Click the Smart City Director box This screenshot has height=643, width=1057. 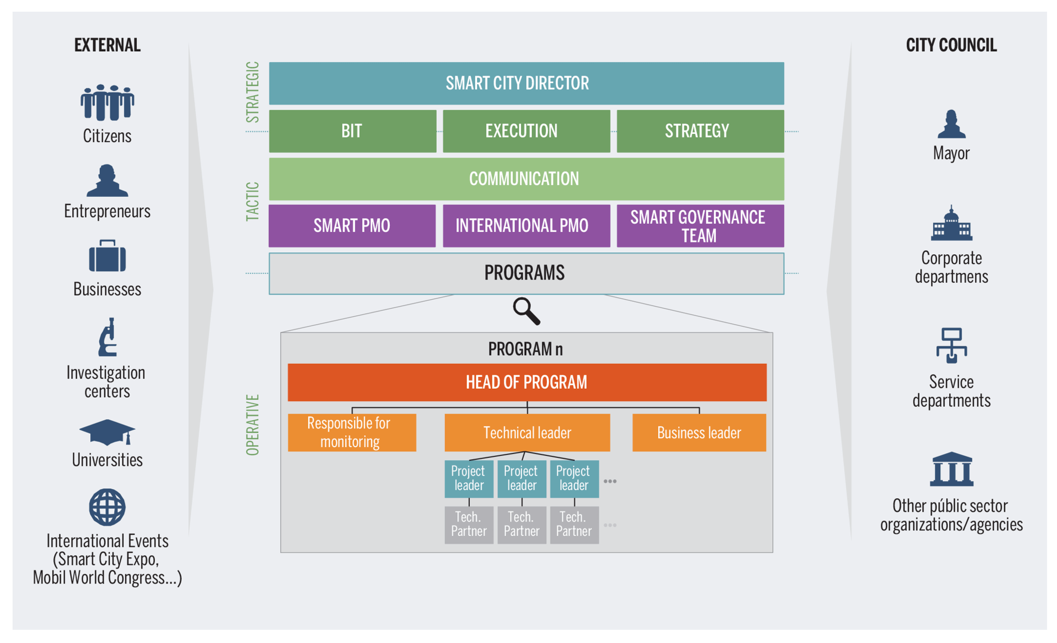[526, 83]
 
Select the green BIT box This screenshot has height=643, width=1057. [353, 131]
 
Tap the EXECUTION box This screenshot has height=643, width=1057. [526, 131]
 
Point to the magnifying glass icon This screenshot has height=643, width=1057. [526, 311]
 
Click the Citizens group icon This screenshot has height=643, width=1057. [107, 103]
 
